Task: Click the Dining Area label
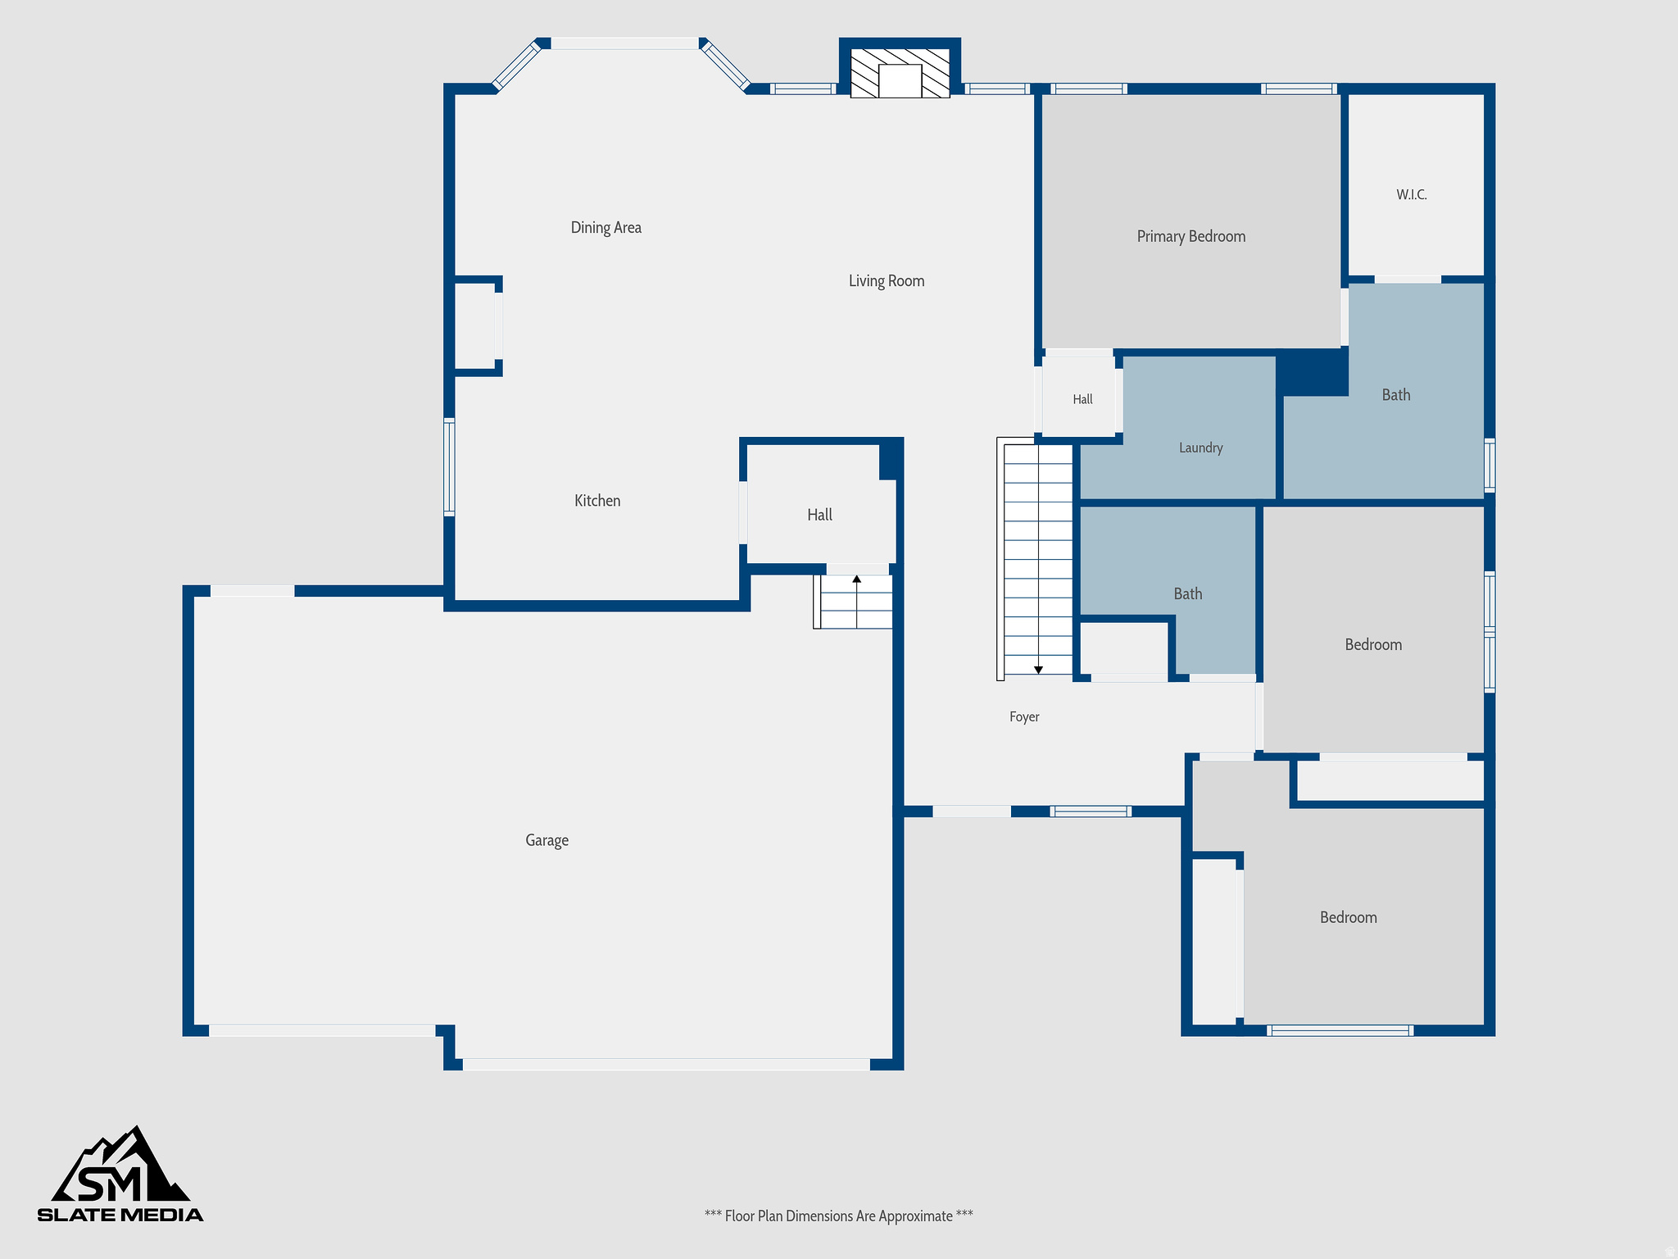(x=606, y=228)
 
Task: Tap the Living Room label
(x=887, y=281)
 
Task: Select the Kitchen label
(x=597, y=501)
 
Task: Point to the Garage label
(x=546, y=840)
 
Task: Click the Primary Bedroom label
(x=1191, y=237)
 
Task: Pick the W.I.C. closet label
(x=1412, y=195)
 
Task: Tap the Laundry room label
(x=1201, y=448)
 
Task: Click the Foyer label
(x=1024, y=717)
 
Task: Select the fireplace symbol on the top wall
(x=900, y=73)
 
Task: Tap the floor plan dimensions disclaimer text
(x=839, y=1216)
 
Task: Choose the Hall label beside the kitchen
(x=819, y=515)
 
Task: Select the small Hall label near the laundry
(x=1082, y=399)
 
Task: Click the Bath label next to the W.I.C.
(x=1396, y=395)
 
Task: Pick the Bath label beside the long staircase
(x=1188, y=594)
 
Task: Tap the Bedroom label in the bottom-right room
(x=1349, y=918)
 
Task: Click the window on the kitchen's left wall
(x=449, y=466)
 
